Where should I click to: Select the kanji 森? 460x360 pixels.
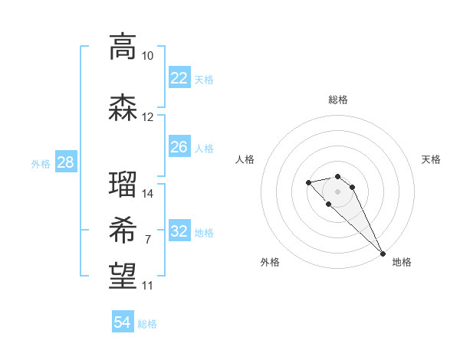pos(123,109)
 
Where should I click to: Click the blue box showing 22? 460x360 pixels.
pos(179,77)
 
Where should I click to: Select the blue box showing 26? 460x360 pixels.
pos(179,147)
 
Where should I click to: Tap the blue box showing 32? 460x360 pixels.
pos(179,231)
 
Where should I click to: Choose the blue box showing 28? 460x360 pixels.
pos(64,162)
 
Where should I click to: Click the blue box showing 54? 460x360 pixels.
pos(123,322)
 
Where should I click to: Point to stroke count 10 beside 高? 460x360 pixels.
pos(147,56)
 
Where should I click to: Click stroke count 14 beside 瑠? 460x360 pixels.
pos(147,193)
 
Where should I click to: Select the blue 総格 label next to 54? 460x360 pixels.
pos(147,324)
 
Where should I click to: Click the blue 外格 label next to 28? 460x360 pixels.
pos(41,163)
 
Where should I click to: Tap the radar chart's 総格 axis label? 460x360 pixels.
pos(337,100)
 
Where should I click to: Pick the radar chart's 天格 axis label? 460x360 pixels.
pos(431,159)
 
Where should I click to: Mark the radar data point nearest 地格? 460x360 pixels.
pos(383,254)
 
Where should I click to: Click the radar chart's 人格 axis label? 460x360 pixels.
pos(245,159)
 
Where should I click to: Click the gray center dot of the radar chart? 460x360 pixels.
pos(337,191)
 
